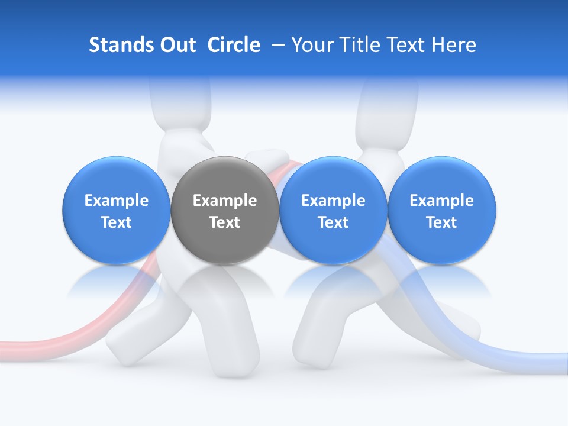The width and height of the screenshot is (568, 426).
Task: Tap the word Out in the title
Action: pyautogui.click(x=176, y=45)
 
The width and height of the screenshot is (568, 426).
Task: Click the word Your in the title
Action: pyautogui.click(x=310, y=46)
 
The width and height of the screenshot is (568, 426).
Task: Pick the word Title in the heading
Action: pyautogui.click(x=357, y=45)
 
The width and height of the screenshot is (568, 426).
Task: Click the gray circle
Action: pyautogui.click(x=225, y=211)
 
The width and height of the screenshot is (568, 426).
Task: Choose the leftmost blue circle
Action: pyautogui.click(x=117, y=211)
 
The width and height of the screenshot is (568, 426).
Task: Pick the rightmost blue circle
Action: pyautogui.click(x=442, y=211)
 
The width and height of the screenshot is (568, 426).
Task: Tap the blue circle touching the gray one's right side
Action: pyautogui.click(x=333, y=211)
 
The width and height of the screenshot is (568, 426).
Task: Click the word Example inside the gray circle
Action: pyautogui.click(x=225, y=201)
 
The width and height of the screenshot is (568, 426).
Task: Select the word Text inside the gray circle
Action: pyautogui.click(x=225, y=222)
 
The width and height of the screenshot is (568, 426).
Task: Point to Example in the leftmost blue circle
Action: pyautogui.click(x=117, y=201)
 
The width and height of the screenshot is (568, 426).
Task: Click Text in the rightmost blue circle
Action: pyautogui.click(x=442, y=222)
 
